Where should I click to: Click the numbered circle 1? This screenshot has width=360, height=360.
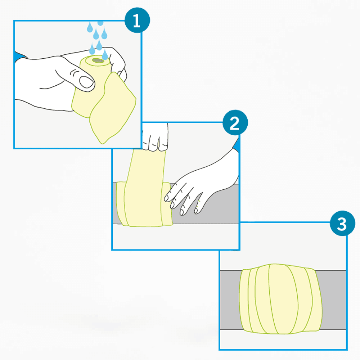pos(137,20)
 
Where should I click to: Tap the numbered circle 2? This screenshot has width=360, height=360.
pos(235,123)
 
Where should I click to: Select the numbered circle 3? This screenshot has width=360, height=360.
pos(342,224)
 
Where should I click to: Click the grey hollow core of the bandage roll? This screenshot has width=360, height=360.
pos(98,60)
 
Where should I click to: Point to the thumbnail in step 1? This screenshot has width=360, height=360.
pos(86,82)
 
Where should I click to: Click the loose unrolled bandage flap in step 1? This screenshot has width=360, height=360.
pos(112,108)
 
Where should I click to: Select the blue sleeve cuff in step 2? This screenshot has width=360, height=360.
pos(236,145)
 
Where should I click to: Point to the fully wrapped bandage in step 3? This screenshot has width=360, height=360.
pos(280,299)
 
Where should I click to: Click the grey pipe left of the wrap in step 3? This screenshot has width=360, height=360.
pos(230,300)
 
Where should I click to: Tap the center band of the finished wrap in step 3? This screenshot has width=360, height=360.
pos(283,299)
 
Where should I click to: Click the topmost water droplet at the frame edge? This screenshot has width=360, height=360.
pos(100,23)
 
